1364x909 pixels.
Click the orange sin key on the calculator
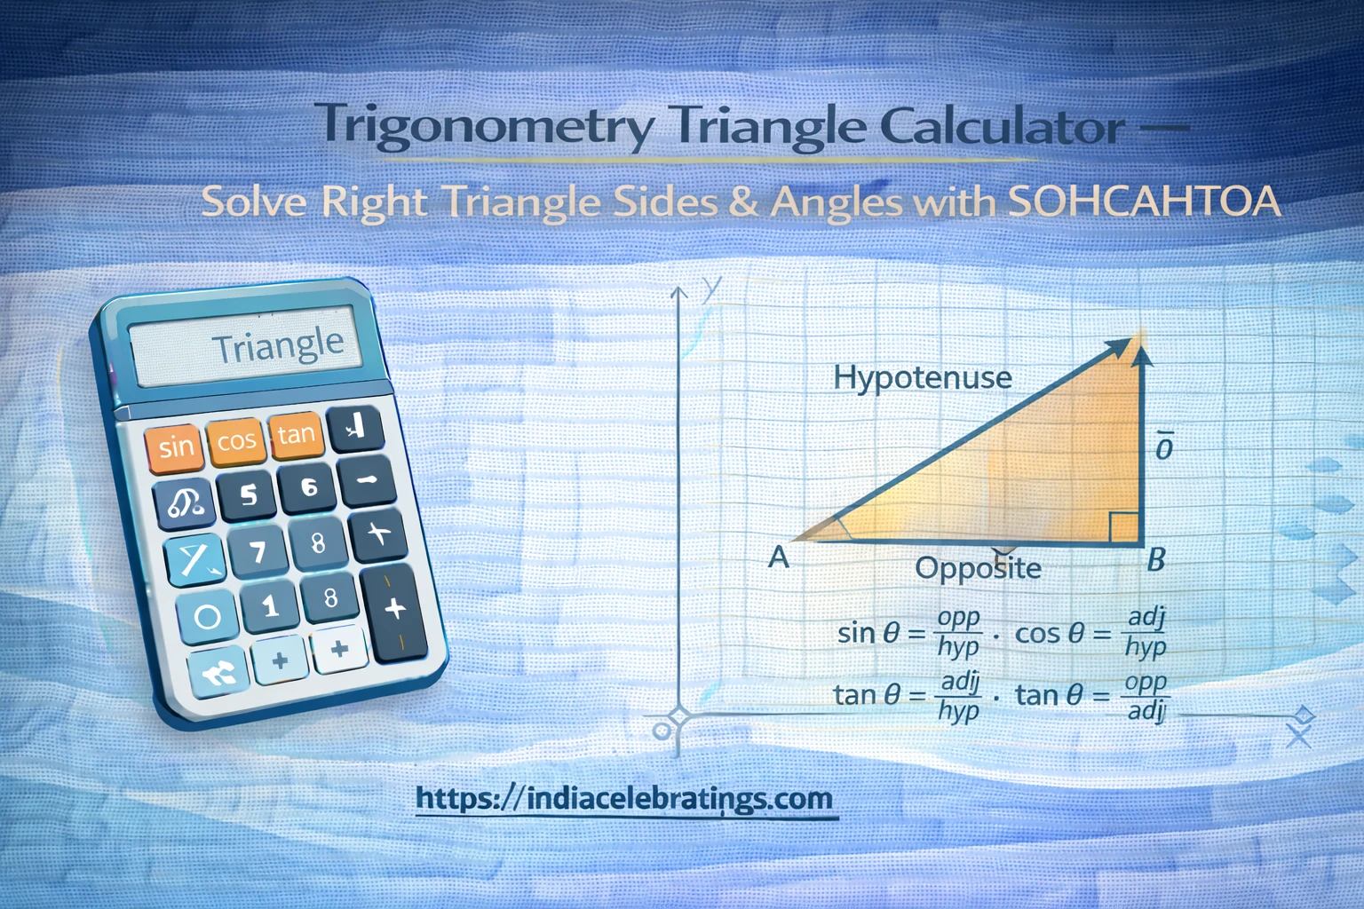pyautogui.click(x=176, y=446)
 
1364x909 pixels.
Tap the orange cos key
pyautogui.click(x=236, y=440)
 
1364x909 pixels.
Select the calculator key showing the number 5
pyautogui.click(x=248, y=494)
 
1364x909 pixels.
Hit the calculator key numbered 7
pyautogui.click(x=258, y=552)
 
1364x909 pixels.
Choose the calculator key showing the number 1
pyautogui.click(x=270, y=607)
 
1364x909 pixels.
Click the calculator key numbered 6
pyautogui.click(x=308, y=487)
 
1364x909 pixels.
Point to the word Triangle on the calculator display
pyautogui.click(x=277, y=345)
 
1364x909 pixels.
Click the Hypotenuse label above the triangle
pyautogui.click(x=922, y=378)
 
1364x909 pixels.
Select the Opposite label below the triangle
pyautogui.click(x=978, y=568)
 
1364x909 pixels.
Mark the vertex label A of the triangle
pyautogui.click(x=779, y=557)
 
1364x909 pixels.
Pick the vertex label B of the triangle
pyautogui.click(x=1155, y=559)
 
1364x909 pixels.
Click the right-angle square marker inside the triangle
pyautogui.click(x=1123, y=526)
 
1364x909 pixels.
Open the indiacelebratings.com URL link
pyautogui.click(x=624, y=798)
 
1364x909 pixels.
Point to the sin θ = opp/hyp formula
pyautogui.click(x=908, y=633)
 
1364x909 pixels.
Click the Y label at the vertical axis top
pyautogui.click(x=710, y=289)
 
